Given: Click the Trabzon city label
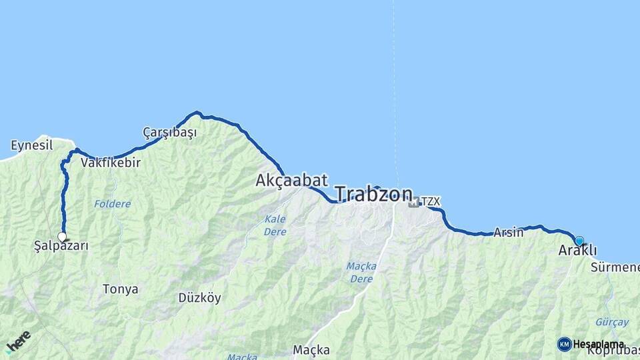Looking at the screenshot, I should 373,194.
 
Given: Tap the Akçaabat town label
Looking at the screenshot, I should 291,180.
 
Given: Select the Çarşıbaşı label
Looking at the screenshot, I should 170,132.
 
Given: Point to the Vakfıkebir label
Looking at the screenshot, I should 111,162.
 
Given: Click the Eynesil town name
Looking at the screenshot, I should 31,145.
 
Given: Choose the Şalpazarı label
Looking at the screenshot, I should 61,246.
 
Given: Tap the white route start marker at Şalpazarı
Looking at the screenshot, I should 62,237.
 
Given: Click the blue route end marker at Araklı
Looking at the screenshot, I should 579,241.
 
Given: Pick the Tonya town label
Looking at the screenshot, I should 121,289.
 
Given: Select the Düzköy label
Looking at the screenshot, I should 199,298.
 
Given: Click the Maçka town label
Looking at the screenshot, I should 311,349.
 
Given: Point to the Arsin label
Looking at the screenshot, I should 509,233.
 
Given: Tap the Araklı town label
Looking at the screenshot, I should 577,251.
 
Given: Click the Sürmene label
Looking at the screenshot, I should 614,267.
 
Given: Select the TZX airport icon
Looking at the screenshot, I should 414,202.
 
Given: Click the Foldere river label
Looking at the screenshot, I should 112,204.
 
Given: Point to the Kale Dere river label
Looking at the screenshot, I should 275,225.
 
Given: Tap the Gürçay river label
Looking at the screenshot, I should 611,322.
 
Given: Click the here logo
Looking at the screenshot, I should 18,341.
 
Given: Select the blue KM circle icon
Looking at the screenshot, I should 564,344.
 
